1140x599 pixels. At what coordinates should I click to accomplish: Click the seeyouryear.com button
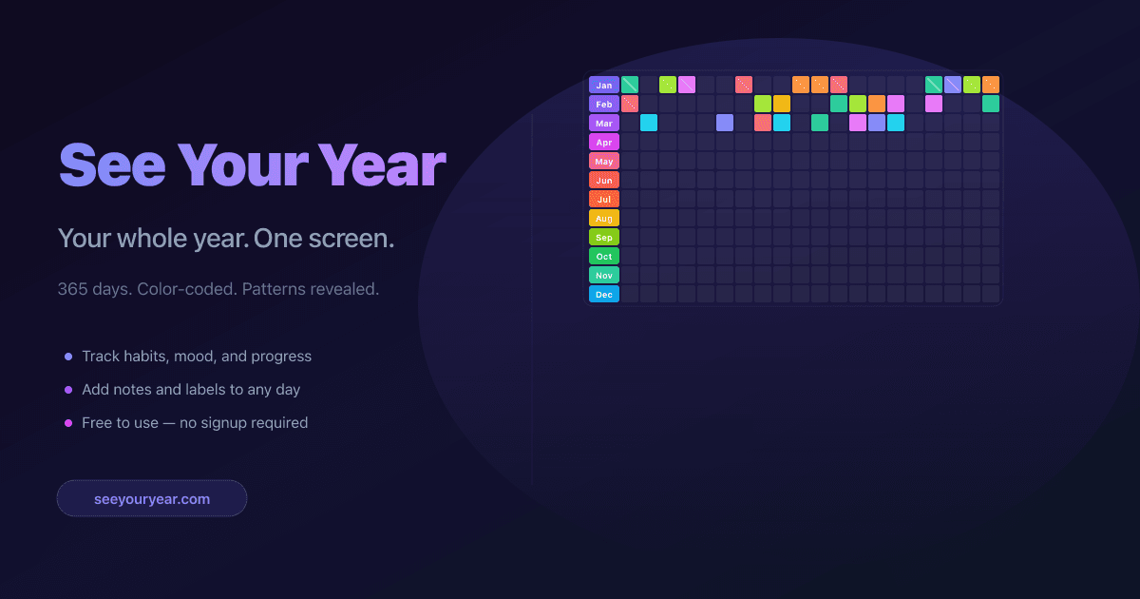[x=152, y=498]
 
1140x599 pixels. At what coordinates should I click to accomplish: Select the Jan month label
[x=604, y=85]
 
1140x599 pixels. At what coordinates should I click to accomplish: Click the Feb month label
[x=604, y=104]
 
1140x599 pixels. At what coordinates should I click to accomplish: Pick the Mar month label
[x=604, y=123]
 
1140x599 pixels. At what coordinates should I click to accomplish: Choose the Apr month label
[x=604, y=142]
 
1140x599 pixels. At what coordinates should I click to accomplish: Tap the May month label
[x=604, y=161]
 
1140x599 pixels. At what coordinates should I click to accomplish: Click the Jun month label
[x=604, y=180]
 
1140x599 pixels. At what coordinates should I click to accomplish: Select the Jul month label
[x=604, y=199]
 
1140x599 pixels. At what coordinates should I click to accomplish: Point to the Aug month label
[x=604, y=218]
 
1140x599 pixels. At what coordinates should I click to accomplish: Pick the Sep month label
[x=604, y=237]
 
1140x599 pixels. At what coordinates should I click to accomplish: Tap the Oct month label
[x=604, y=256]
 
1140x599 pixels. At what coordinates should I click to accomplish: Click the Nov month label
[x=604, y=275]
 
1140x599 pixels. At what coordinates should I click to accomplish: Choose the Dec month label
[x=604, y=294]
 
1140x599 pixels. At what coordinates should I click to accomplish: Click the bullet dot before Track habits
[x=67, y=357]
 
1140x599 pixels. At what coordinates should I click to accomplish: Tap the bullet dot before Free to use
[x=67, y=423]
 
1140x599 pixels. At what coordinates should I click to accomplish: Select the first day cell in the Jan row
[x=630, y=85]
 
